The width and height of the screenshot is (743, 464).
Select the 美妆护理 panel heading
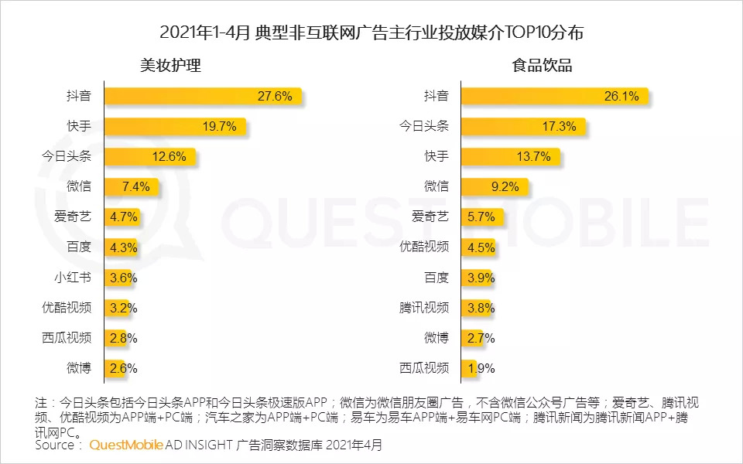tap(170, 66)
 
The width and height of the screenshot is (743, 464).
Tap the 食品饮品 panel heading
tap(543, 66)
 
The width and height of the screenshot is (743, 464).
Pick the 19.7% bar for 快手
tap(174, 127)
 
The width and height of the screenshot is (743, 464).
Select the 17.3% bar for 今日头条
tap(522, 127)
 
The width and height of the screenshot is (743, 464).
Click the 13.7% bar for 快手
tap(509, 157)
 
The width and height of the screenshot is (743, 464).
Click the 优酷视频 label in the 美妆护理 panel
tap(67, 307)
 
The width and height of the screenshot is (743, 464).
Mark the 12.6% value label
tap(169, 157)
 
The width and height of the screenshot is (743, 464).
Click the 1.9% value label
tap(480, 368)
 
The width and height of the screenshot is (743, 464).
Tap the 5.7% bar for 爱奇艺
tap(478, 217)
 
